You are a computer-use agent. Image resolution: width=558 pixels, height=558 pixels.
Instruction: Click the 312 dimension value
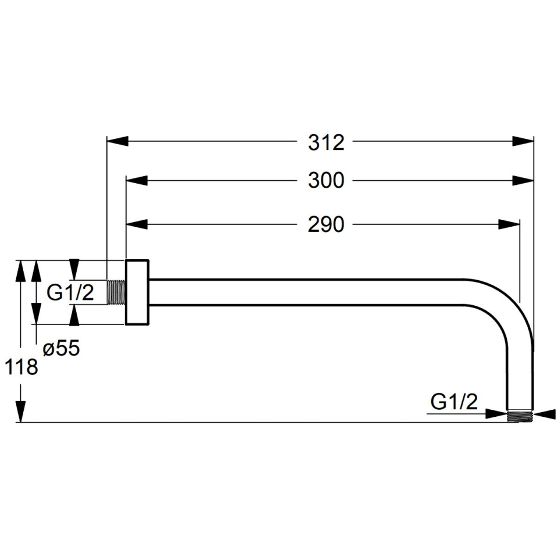(x=326, y=143)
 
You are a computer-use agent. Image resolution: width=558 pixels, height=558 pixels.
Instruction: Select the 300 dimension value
(x=326, y=180)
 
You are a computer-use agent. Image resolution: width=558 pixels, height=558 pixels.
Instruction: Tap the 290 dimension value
(x=326, y=224)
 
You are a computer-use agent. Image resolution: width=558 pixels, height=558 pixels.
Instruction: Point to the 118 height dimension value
(x=22, y=367)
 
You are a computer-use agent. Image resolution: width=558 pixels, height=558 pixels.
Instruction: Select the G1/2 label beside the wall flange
(x=70, y=293)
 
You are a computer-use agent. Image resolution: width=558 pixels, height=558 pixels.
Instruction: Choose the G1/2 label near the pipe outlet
(x=454, y=402)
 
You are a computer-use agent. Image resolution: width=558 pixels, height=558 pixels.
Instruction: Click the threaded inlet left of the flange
(x=116, y=292)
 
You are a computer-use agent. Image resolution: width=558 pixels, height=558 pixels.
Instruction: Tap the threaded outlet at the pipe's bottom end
(x=520, y=417)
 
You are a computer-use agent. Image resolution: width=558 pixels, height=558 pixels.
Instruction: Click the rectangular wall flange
(x=137, y=292)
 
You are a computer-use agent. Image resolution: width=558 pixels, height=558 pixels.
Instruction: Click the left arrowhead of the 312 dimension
(x=117, y=141)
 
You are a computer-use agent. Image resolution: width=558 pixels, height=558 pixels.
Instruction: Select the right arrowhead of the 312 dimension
(x=524, y=141)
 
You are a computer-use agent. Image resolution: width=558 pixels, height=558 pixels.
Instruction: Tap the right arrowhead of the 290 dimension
(x=509, y=224)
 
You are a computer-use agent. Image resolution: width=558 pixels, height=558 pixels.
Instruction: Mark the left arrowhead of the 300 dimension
(x=137, y=180)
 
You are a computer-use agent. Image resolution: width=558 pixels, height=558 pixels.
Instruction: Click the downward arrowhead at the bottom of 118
(x=21, y=412)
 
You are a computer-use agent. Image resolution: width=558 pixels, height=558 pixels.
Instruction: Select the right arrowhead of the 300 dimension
(x=524, y=180)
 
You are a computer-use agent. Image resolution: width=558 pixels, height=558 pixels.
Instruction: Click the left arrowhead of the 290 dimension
(x=137, y=224)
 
